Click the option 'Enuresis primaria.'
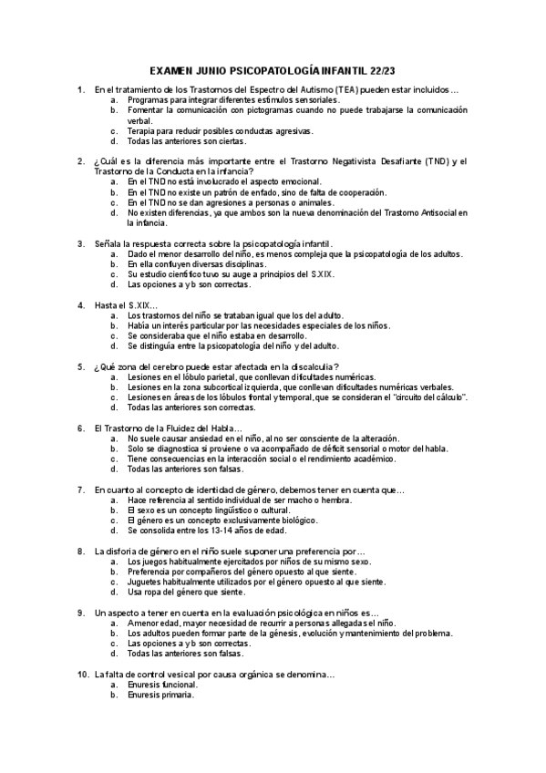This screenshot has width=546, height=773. click(160, 695)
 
